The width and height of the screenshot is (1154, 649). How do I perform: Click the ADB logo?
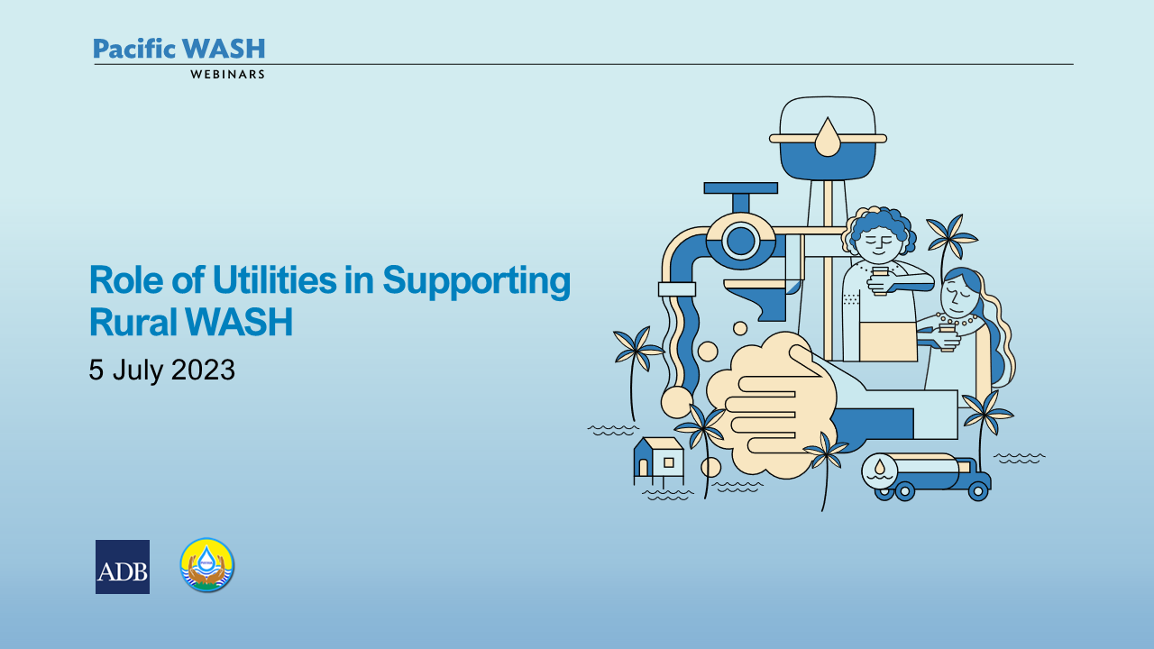(123, 567)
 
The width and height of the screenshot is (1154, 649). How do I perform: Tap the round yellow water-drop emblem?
(207, 564)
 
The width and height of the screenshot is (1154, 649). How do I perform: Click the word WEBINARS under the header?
(227, 75)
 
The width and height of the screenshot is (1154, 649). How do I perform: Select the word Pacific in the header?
(134, 50)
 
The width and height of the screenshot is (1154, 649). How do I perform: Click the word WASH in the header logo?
(224, 49)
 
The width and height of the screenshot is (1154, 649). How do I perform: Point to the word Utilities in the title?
(275, 279)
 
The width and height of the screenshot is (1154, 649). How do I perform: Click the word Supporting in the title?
(477, 282)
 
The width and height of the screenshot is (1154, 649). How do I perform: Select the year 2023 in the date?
(203, 370)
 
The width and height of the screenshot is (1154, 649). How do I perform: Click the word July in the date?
(137, 370)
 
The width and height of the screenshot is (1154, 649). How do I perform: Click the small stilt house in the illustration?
(659, 462)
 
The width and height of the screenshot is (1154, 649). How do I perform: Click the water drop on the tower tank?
(828, 137)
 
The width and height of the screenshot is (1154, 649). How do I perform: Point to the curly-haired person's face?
(881, 242)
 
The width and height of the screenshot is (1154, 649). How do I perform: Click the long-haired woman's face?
(958, 297)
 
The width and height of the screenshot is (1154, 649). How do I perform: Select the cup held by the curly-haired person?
(880, 280)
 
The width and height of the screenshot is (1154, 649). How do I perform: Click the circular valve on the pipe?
(741, 241)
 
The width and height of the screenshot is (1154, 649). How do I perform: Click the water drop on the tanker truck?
(880, 467)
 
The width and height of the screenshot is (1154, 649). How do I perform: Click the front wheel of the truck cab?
(977, 491)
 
